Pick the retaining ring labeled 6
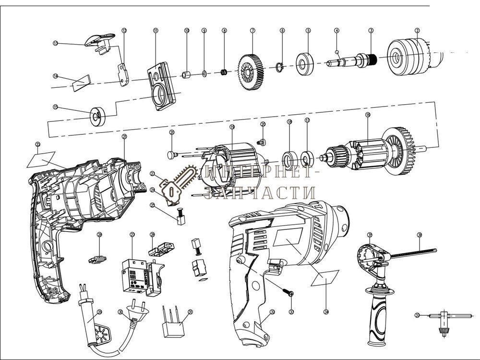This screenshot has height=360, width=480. [x=282, y=67]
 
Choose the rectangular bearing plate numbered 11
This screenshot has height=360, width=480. [x=160, y=87]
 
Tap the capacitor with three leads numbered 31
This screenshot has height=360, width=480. [x=175, y=326]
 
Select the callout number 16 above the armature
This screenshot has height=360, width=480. [x=368, y=115]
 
